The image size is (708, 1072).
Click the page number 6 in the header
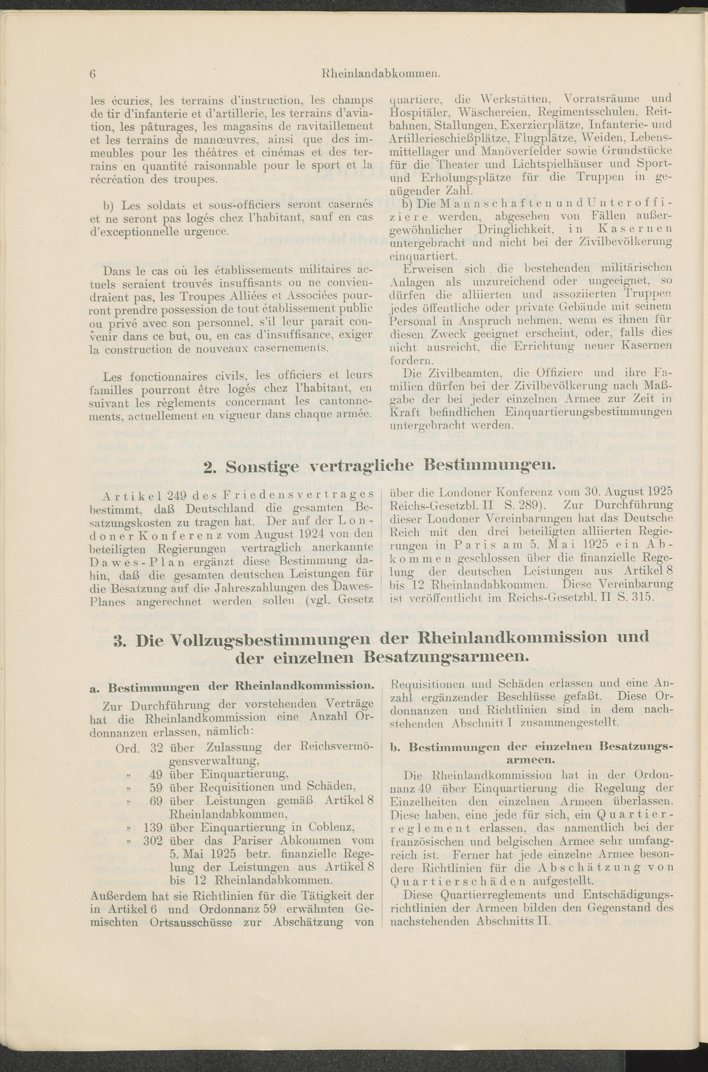92,74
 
